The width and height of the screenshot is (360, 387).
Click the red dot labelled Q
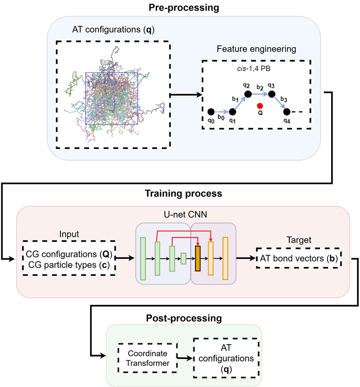click(x=260, y=106)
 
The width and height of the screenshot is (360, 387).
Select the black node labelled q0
click(x=211, y=111)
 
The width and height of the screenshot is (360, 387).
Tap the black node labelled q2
click(x=247, y=94)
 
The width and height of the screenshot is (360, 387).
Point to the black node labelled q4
click(x=287, y=111)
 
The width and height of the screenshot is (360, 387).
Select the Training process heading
click(x=178, y=194)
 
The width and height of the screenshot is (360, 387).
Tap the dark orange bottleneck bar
click(x=197, y=258)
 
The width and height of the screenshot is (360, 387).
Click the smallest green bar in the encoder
click(x=184, y=258)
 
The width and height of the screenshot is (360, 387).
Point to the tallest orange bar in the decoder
click(x=225, y=258)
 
